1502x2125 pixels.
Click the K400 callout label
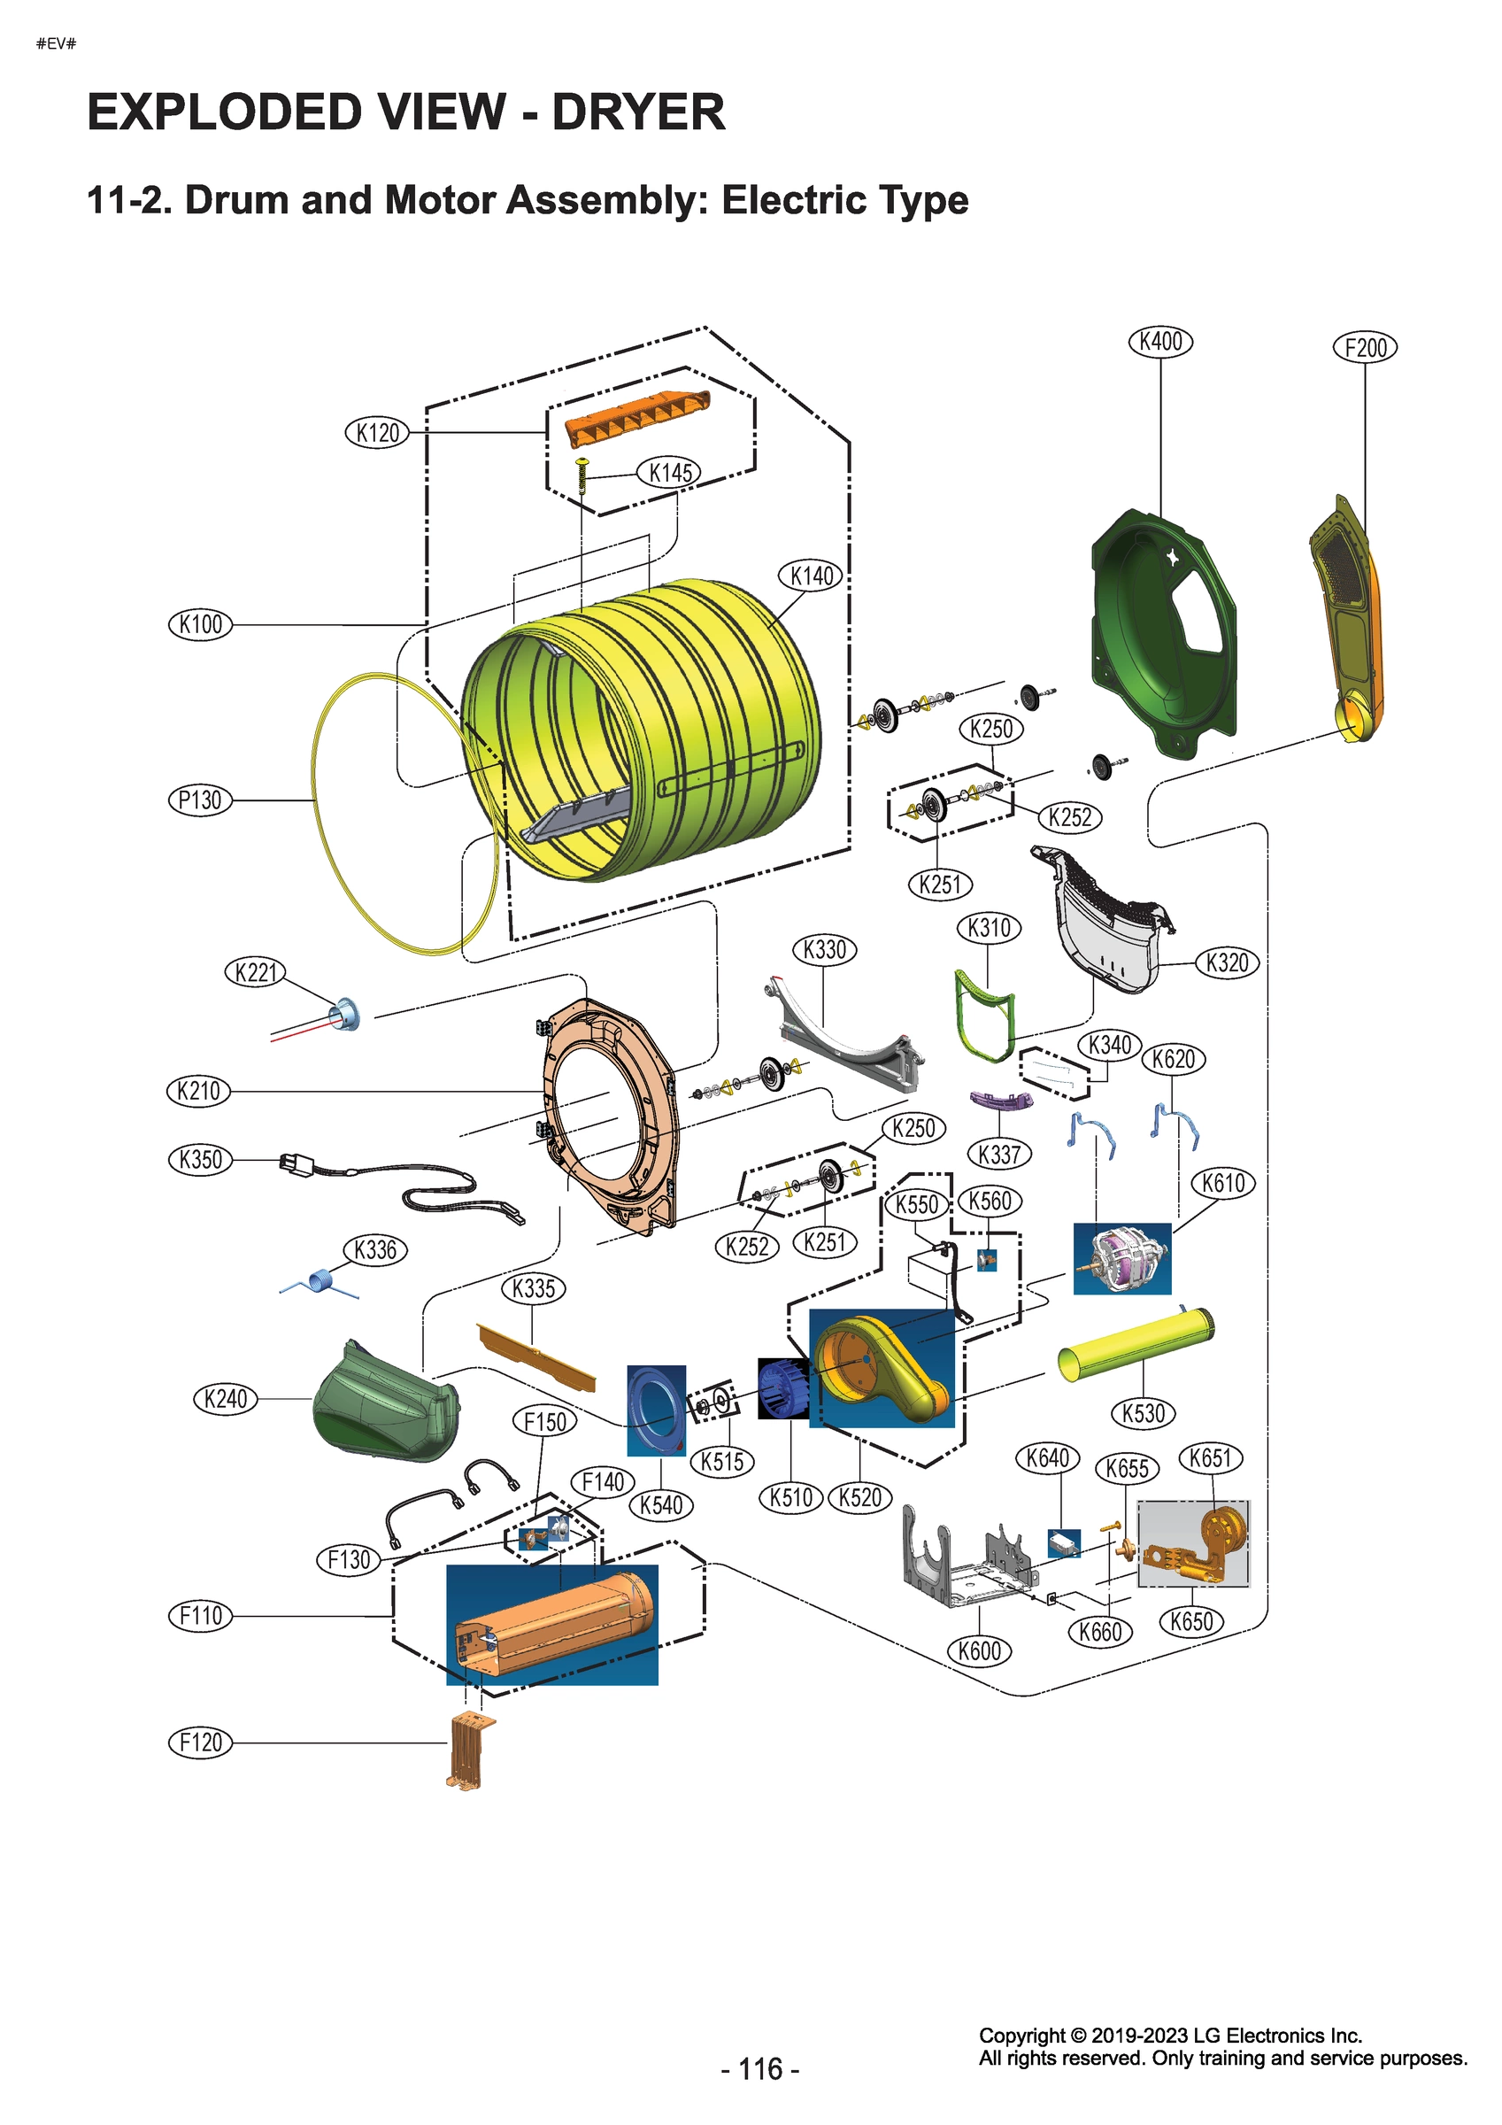[1160, 342]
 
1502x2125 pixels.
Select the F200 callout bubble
[1365, 348]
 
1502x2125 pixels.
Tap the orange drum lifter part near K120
[636, 416]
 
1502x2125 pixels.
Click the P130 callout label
[200, 800]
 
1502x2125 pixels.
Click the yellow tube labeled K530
[1136, 1346]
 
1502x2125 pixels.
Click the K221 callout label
[256, 972]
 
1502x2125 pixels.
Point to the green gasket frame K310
[983, 1014]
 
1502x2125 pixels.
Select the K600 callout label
[979, 1650]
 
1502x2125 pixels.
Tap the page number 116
[760, 2068]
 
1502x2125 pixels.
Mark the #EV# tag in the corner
[56, 43]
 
